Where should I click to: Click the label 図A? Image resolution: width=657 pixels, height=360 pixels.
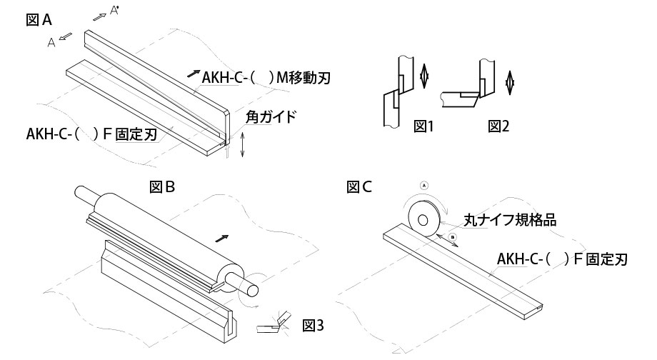coord(39,21)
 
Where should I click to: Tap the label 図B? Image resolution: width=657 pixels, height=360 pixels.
coord(163,187)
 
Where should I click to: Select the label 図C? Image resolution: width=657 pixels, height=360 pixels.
coord(359,187)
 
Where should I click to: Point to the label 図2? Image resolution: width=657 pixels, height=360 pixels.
coord(498,126)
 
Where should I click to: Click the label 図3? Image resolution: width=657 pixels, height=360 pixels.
coord(313,326)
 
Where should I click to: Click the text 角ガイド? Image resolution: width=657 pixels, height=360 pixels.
coord(270,116)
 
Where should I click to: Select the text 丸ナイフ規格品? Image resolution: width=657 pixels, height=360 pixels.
coord(509,221)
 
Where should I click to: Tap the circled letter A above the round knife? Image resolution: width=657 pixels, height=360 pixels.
coord(424,184)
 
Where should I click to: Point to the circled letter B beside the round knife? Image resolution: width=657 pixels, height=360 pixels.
coord(452,237)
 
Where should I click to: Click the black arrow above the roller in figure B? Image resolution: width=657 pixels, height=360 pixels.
coord(224,236)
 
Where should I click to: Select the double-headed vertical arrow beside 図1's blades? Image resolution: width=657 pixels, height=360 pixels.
coord(423,74)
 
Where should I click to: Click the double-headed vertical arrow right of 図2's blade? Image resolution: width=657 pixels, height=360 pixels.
coord(509,80)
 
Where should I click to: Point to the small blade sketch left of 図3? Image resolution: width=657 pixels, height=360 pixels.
coord(274,323)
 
